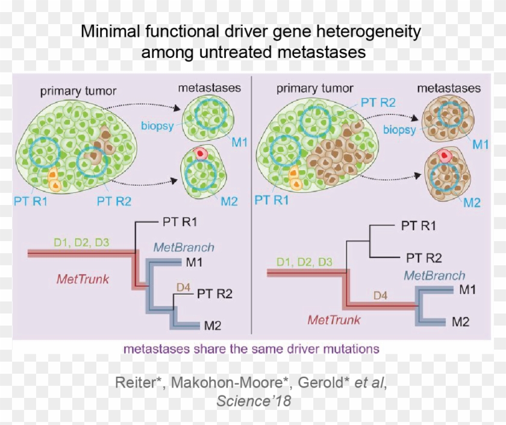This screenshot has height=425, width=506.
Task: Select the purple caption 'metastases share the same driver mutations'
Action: point(251,349)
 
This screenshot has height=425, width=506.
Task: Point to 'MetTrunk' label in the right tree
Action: point(334,320)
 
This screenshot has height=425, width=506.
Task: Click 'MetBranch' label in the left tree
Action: point(184,247)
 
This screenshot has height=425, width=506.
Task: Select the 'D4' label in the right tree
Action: point(381,296)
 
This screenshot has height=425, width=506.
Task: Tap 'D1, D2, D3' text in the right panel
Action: point(304,262)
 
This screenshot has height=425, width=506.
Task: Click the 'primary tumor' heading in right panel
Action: point(314,89)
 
